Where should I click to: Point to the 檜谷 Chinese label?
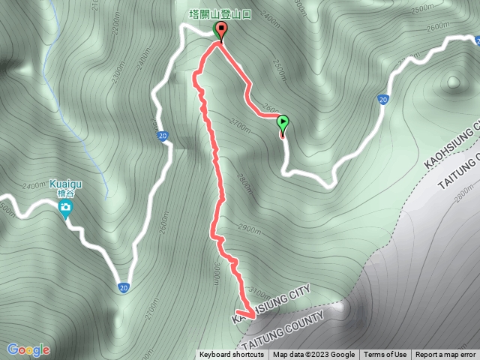[65, 193]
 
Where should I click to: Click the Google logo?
[28, 349]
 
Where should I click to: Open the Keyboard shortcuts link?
[231, 355]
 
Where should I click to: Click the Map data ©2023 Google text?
[313, 355]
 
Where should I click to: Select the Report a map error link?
[445, 355]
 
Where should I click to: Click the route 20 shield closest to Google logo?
[122, 287]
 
